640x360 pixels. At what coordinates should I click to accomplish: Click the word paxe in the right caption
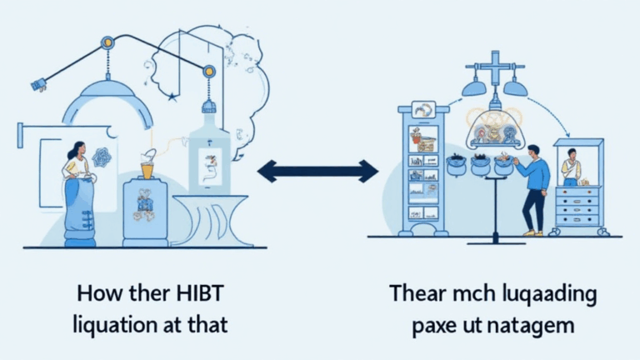click(x=439, y=325)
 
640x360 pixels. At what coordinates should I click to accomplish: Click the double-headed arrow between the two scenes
click(x=317, y=172)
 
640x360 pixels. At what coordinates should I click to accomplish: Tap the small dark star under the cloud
click(x=172, y=97)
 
